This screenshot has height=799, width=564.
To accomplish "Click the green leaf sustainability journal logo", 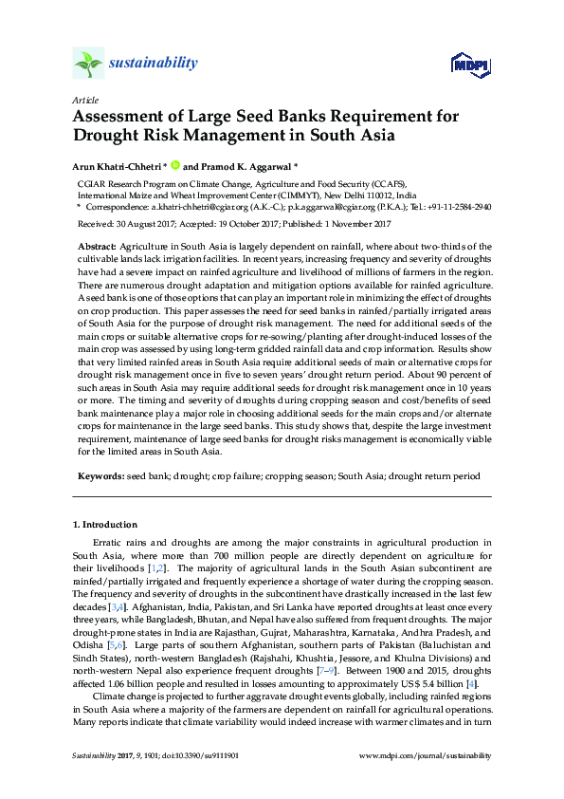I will click(x=88, y=64).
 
